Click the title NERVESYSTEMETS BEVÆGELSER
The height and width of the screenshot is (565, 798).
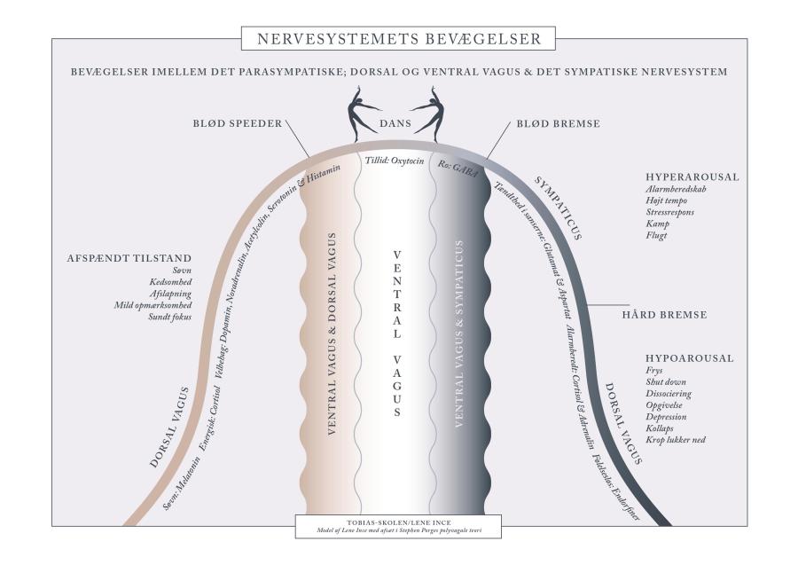pyautogui.click(x=398, y=39)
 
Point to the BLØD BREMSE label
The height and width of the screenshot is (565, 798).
pyautogui.click(x=558, y=123)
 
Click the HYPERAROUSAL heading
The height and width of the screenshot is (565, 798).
pyautogui.click(x=692, y=177)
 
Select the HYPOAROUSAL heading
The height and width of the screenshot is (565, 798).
pyautogui.click(x=690, y=358)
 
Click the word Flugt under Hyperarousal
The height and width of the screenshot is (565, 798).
pyautogui.click(x=657, y=236)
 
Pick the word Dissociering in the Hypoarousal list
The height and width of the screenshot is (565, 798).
pyautogui.click(x=669, y=393)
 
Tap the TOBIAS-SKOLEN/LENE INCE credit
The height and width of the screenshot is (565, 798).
pyautogui.click(x=398, y=522)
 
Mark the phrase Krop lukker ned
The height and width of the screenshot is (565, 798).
pyautogui.click(x=676, y=439)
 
